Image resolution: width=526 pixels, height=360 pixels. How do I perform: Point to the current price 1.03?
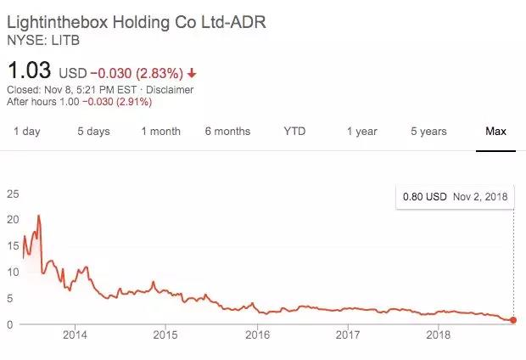(29, 68)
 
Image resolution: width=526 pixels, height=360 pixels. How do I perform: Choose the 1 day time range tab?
(26, 132)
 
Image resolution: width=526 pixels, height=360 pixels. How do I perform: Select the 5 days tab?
(93, 132)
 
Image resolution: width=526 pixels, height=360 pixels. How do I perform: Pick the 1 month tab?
(160, 132)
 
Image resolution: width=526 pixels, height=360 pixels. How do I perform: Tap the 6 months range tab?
(227, 132)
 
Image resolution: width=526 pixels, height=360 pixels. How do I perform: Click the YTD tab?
(294, 132)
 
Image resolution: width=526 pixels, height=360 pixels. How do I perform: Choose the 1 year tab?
(361, 132)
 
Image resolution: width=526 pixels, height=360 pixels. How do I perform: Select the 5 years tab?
(428, 132)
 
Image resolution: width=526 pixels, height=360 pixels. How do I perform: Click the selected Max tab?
(495, 132)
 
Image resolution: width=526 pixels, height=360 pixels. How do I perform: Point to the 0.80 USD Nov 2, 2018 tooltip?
(455, 197)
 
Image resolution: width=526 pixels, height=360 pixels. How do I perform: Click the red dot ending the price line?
(513, 320)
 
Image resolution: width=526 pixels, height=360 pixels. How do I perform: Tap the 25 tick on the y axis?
(12, 194)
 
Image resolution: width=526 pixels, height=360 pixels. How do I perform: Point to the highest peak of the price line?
(38, 216)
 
